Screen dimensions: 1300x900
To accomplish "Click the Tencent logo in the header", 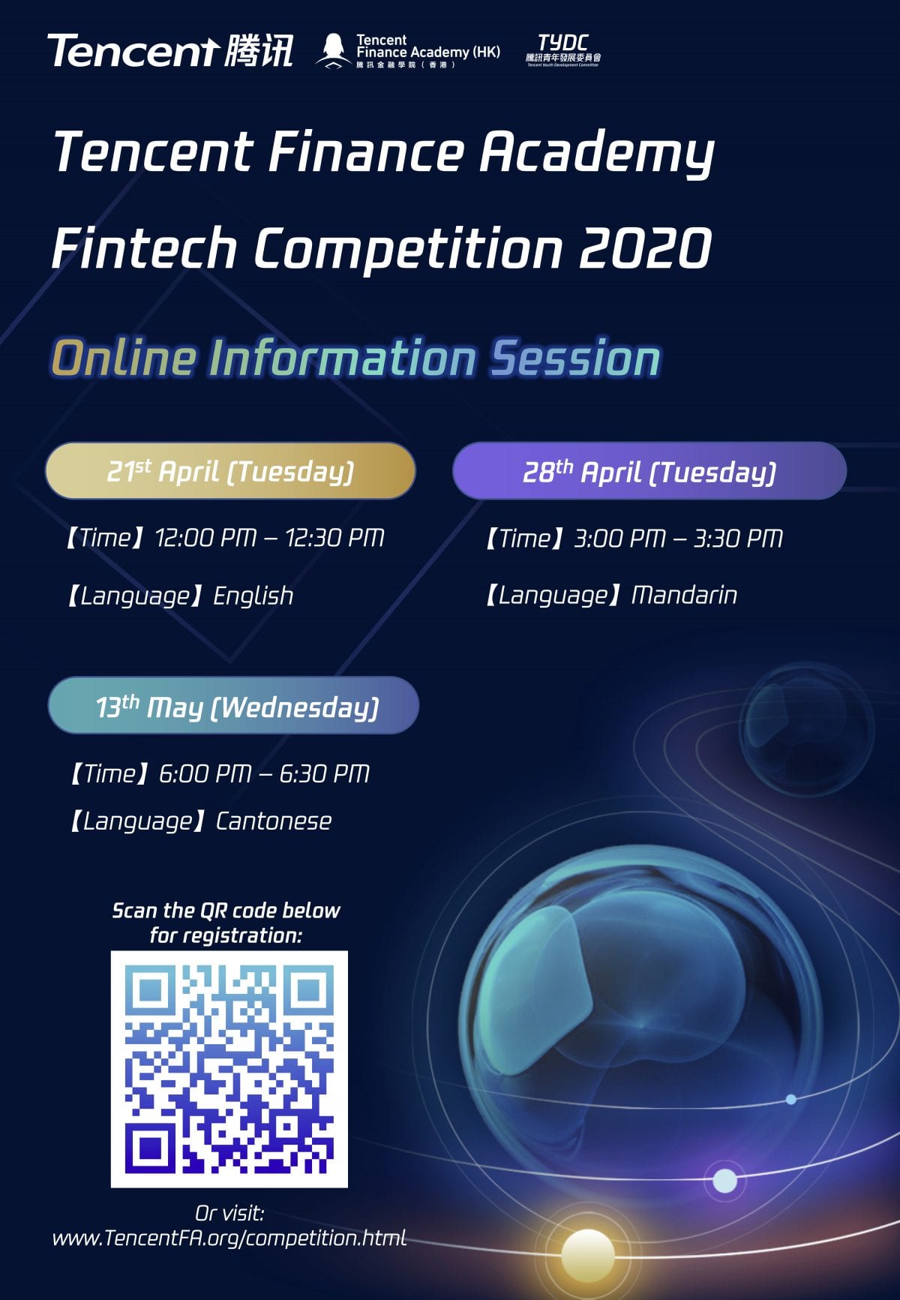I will (170, 51).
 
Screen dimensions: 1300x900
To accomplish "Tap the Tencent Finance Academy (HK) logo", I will (408, 51).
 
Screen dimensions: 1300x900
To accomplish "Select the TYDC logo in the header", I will (562, 50).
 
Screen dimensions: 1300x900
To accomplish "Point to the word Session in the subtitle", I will (575, 358).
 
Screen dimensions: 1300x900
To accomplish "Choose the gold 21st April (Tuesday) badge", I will (230, 471).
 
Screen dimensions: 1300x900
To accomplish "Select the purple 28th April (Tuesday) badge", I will (649, 471).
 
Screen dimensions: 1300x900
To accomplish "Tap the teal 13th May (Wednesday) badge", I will (233, 706).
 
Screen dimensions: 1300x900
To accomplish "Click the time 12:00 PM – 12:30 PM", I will (269, 538).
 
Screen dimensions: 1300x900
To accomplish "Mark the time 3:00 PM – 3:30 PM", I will (678, 539).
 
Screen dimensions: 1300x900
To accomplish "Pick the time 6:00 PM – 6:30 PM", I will (264, 773).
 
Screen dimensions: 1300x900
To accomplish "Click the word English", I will (253, 596).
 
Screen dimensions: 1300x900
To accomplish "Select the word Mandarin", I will (684, 596).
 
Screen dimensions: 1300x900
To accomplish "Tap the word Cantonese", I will (274, 821).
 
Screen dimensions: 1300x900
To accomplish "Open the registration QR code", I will (229, 1069).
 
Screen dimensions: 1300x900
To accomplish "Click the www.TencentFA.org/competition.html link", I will (229, 1238).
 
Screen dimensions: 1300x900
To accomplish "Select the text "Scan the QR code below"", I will (226, 911).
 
